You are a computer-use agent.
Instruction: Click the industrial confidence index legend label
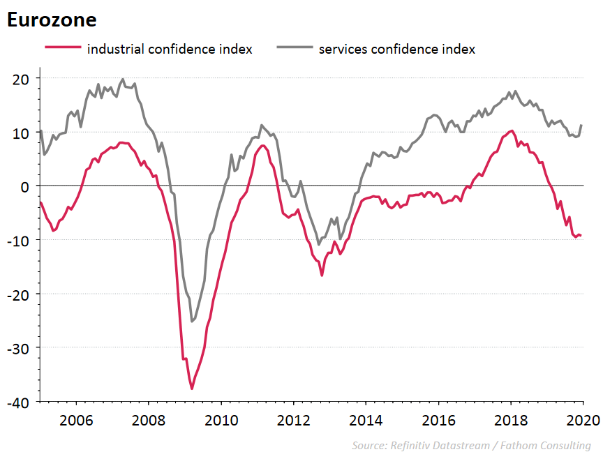click(169, 49)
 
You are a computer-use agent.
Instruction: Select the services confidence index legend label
click(396, 49)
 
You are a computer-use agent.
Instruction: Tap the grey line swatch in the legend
click(293, 48)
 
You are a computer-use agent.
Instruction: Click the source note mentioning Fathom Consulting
click(471, 445)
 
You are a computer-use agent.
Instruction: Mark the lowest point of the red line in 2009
click(191, 389)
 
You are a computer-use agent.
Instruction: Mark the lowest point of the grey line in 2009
click(192, 322)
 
